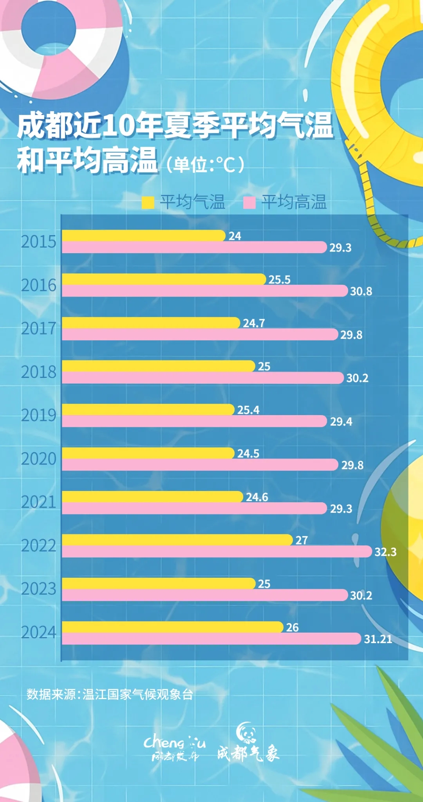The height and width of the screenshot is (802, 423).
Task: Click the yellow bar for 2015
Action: click(x=143, y=236)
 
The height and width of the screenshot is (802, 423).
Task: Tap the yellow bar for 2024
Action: click(x=172, y=627)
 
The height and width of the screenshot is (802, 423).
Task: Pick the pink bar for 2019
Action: click(x=194, y=421)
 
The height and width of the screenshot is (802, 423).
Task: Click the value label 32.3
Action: click(x=385, y=552)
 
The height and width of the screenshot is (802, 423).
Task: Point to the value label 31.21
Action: click(x=378, y=639)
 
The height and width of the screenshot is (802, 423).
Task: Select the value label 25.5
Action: click(x=279, y=280)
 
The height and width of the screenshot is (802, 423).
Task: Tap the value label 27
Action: click(x=302, y=540)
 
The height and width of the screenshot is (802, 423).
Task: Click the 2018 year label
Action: click(x=39, y=372)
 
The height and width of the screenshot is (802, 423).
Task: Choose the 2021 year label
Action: click(x=39, y=502)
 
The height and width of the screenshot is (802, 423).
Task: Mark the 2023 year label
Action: click(x=39, y=589)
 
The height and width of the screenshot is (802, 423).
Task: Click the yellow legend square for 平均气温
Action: click(x=148, y=203)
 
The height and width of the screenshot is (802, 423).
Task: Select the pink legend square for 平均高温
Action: click(x=249, y=203)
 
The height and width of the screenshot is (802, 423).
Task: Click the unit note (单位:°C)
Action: click(x=205, y=164)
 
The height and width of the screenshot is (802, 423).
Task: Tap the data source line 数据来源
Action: click(x=110, y=694)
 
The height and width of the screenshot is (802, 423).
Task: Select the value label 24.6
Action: click(x=257, y=497)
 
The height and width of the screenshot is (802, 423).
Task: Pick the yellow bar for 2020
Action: click(x=148, y=453)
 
